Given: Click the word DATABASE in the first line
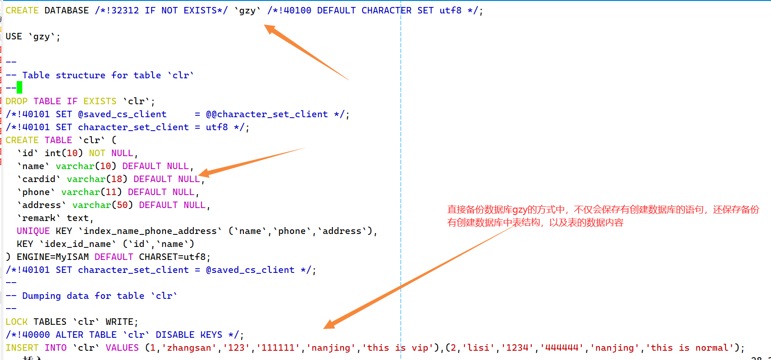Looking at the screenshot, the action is (x=66, y=10).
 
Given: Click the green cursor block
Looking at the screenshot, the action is (x=19, y=88).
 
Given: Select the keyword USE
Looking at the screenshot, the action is (x=14, y=36).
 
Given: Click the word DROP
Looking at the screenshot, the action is (x=17, y=101).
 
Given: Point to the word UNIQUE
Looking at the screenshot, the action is (x=33, y=231).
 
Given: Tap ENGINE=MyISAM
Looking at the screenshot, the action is (x=52, y=257).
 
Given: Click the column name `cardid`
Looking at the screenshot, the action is (x=39, y=179).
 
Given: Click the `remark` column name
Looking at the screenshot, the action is (x=39, y=218).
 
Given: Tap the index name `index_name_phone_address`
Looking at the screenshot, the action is (x=150, y=231).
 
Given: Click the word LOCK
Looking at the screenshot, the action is (x=17, y=322).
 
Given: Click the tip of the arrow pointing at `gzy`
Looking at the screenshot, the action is (x=266, y=26).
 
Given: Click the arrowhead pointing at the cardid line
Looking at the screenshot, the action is (x=201, y=174).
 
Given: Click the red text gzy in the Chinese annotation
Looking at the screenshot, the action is (x=520, y=210).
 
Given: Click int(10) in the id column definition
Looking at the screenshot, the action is (x=64, y=153).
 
